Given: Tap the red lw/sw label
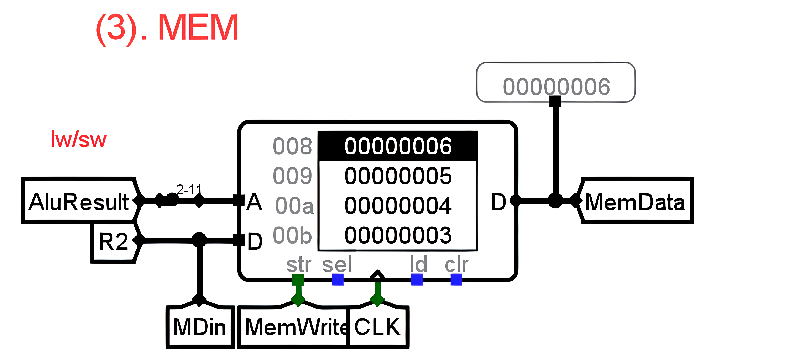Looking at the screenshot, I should (x=79, y=139).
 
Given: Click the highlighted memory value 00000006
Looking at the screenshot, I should (x=398, y=146).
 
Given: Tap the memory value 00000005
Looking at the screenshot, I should (x=398, y=176).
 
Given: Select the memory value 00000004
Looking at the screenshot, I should (x=398, y=206).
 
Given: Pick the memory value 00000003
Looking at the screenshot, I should (x=398, y=235).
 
